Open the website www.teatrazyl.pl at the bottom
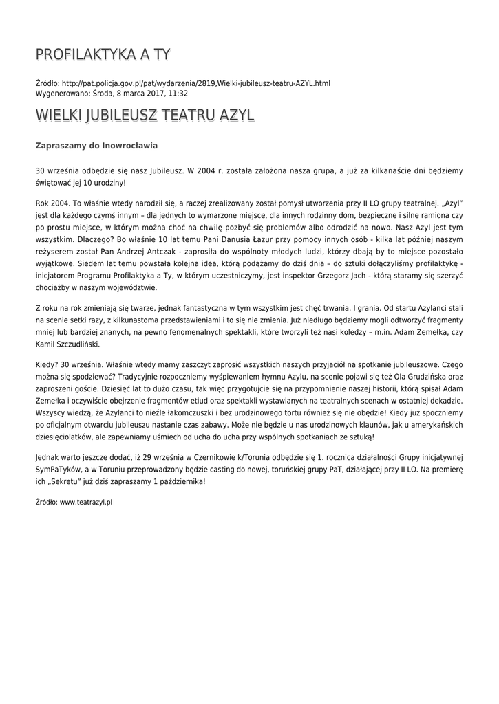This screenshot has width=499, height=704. (86, 503)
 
